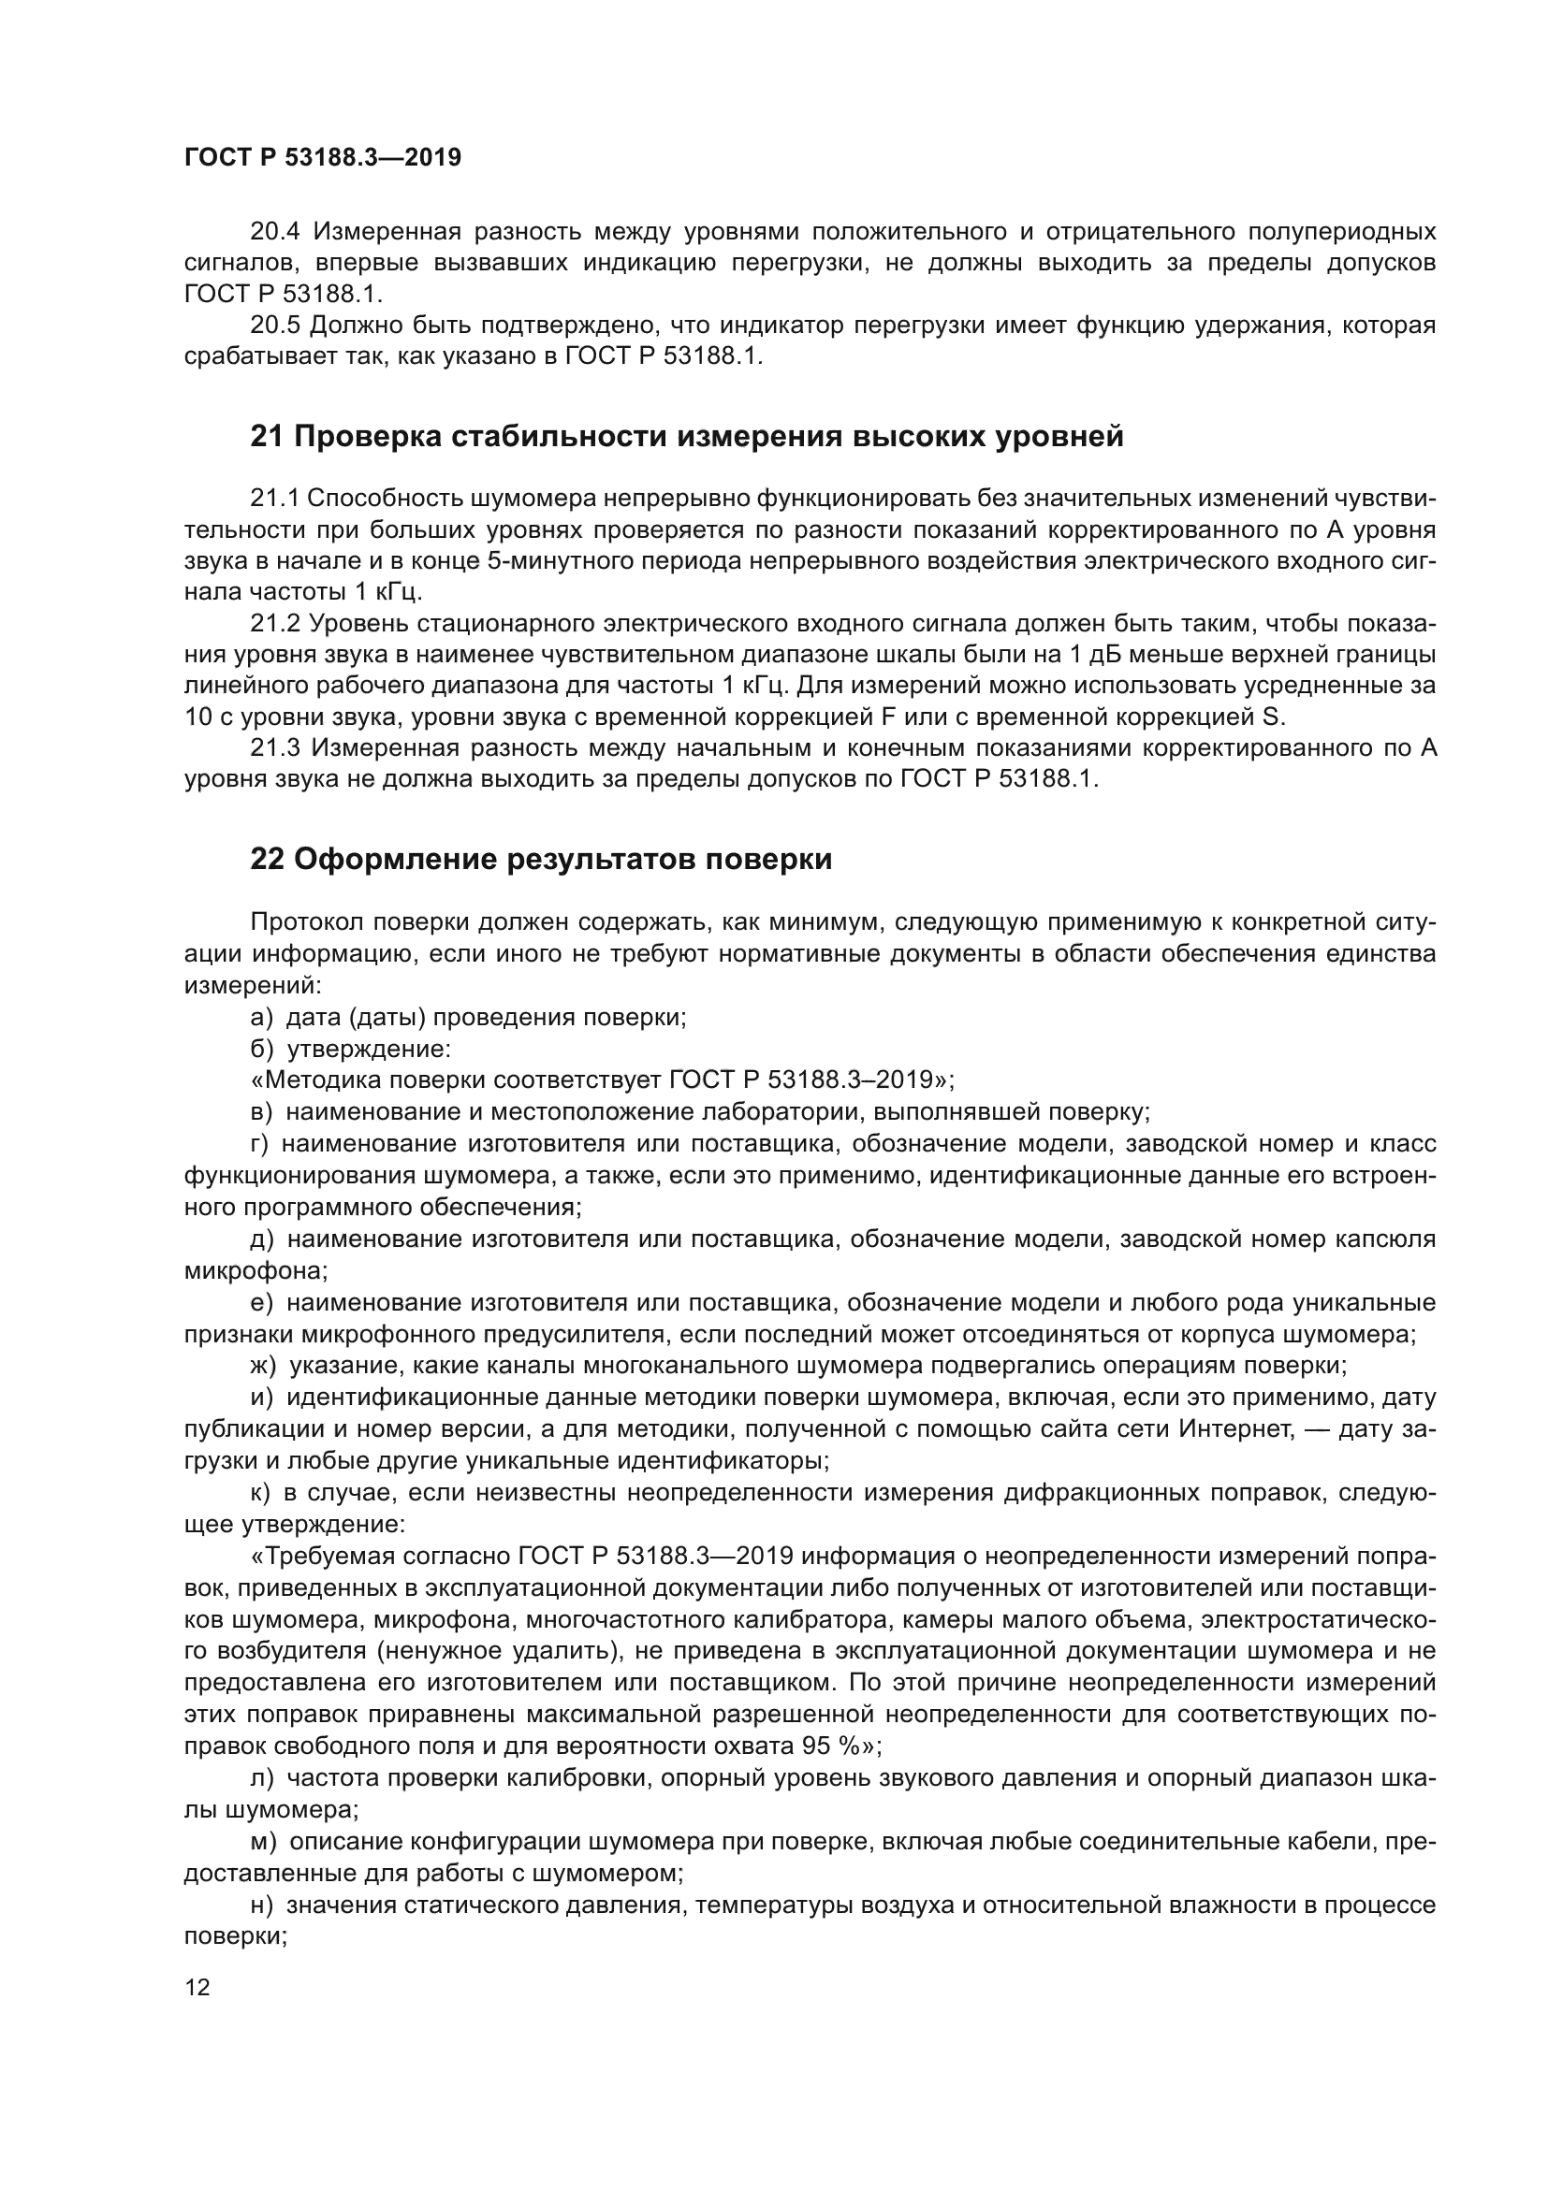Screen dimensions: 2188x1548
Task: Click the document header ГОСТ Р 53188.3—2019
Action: pos(322,157)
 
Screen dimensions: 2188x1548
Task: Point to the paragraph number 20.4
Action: pos(274,232)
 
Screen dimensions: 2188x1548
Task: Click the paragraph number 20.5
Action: pos(274,326)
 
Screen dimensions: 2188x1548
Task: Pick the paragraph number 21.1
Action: pos(274,498)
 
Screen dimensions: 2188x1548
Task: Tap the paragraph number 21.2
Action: pos(274,623)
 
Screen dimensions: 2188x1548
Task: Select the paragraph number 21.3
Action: pos(274,748)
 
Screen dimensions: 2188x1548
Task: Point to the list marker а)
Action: pos(261,1017)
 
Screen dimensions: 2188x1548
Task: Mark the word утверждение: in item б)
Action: pos(368,1049)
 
